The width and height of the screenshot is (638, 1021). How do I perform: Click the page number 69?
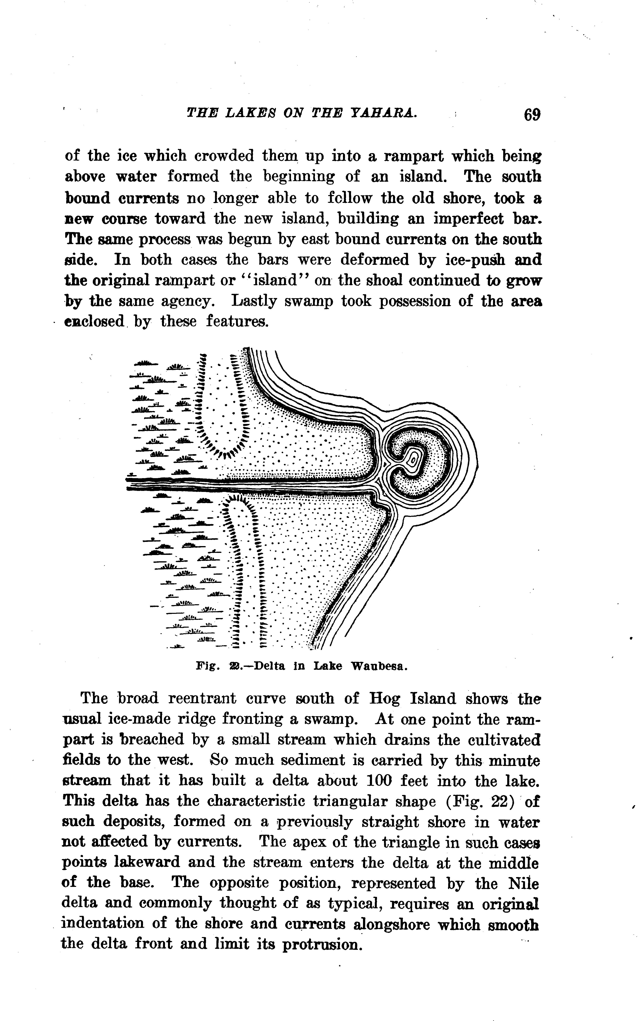click(532, 114)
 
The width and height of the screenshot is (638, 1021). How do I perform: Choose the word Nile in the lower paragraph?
click(523, 883)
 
